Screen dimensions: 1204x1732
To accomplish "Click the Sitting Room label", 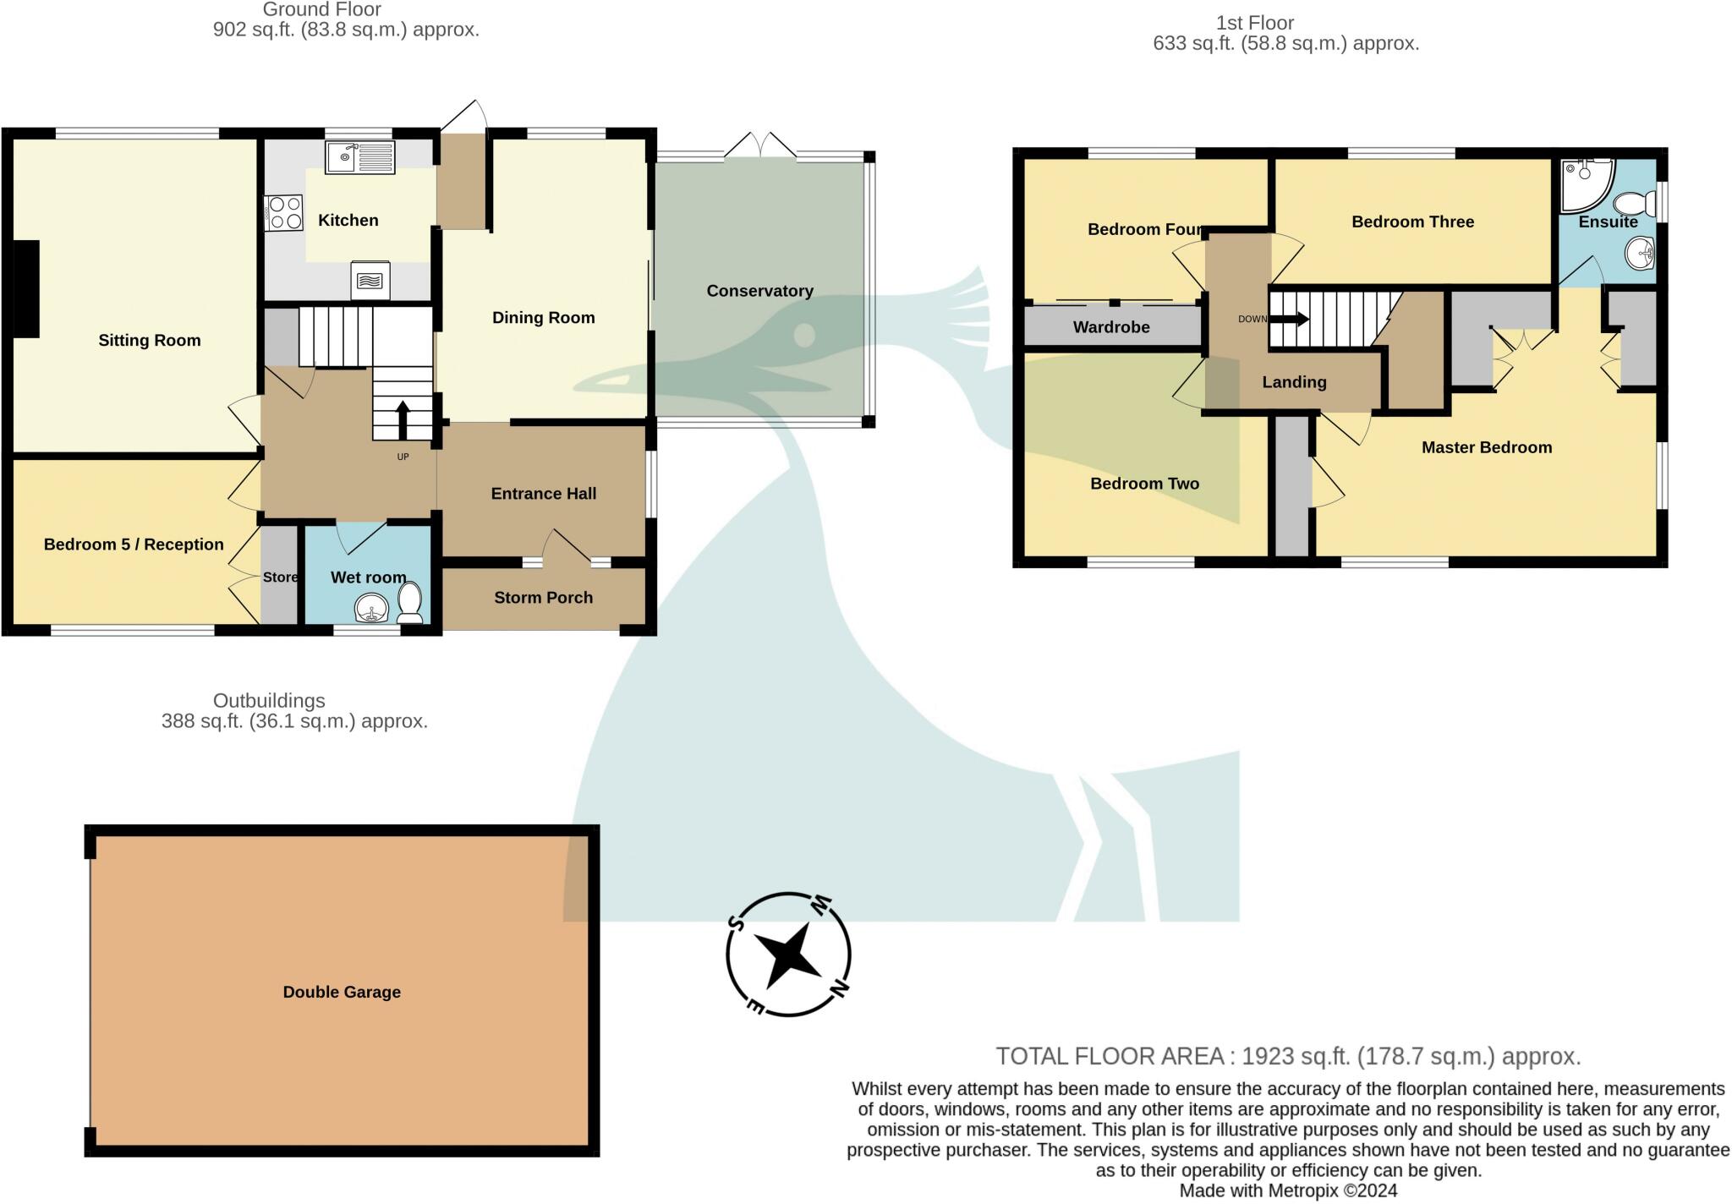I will click(150, 341).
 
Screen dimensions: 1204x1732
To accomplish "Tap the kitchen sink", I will click(360, 157).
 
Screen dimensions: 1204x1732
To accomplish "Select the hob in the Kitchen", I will click(285, 212).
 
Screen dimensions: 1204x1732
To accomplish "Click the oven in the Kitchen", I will click(370, 280).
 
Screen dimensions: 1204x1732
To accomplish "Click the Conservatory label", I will click(759, 291).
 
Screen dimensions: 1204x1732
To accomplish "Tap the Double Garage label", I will click(342, 992).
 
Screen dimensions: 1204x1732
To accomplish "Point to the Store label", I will click(280, 577).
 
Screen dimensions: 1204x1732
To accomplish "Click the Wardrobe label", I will click(1111, 327).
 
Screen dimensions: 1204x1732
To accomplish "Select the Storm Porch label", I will click(543, 598).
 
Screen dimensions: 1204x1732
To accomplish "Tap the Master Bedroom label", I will click(1486, 447).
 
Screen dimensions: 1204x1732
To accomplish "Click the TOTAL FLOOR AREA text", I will click(1287, 1056).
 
